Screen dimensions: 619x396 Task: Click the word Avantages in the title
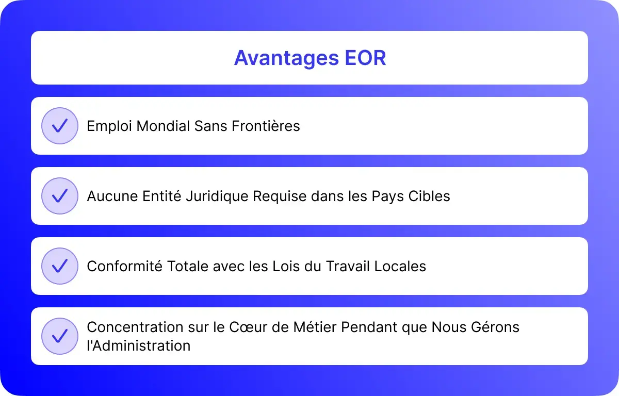coord(287,58)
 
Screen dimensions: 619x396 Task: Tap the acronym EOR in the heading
coord(365,58)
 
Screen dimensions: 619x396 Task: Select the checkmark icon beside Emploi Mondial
coord(60,126)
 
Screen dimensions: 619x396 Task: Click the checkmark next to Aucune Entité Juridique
coord(60,196)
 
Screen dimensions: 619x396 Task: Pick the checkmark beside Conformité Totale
coord(60,266)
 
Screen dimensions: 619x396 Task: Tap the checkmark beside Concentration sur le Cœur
coord(60,336)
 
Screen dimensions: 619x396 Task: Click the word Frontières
coord(266,126)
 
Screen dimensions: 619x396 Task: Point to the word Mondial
coord(163,126)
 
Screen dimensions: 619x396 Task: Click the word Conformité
coord(125,266)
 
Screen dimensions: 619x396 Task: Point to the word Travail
coord(348,266)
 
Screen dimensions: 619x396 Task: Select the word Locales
coord(400,266)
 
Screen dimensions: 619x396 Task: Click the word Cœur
coord(248,327)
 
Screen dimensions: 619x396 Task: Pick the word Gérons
coord(495,327)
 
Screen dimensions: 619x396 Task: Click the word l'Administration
coord(139,345)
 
